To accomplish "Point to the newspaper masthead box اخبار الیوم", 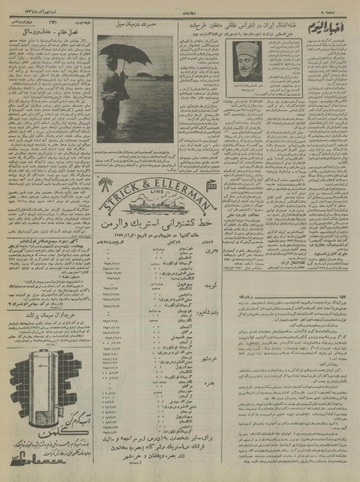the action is pos(329,17).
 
